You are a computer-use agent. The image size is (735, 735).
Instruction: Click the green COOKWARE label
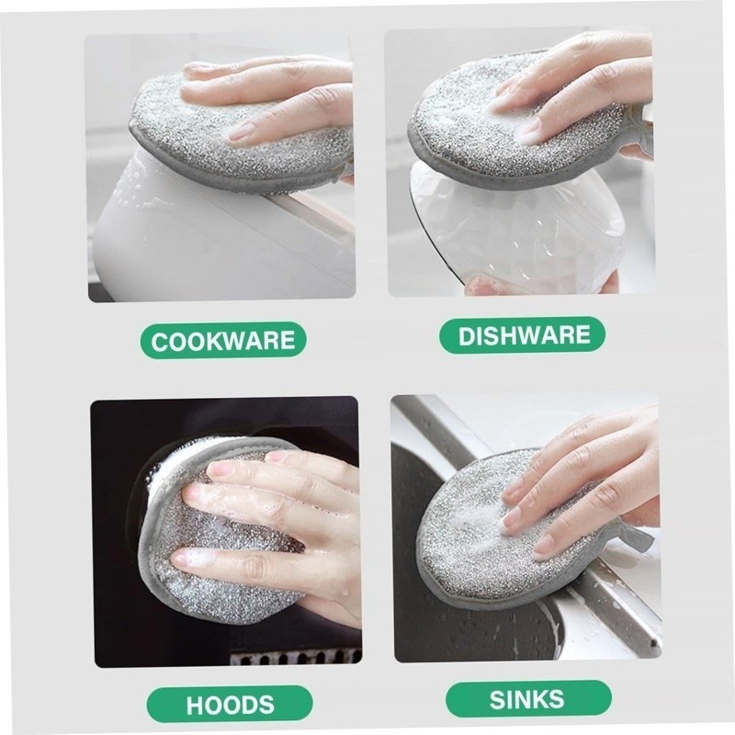(x=223, y=340)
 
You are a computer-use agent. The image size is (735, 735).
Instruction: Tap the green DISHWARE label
(x=522, y=334)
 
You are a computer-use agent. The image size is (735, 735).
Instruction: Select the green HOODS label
(x=230, y=704)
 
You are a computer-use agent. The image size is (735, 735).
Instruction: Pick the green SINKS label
(x=528, y=699)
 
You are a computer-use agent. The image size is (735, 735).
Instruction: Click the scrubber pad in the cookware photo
(x=234, y=136)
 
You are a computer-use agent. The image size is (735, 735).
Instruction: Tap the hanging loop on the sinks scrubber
(x=633, y=535)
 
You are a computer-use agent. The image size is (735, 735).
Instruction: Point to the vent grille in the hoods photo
(x=295, y=655)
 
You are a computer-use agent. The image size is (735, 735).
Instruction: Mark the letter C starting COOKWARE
(x=160, y=342)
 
